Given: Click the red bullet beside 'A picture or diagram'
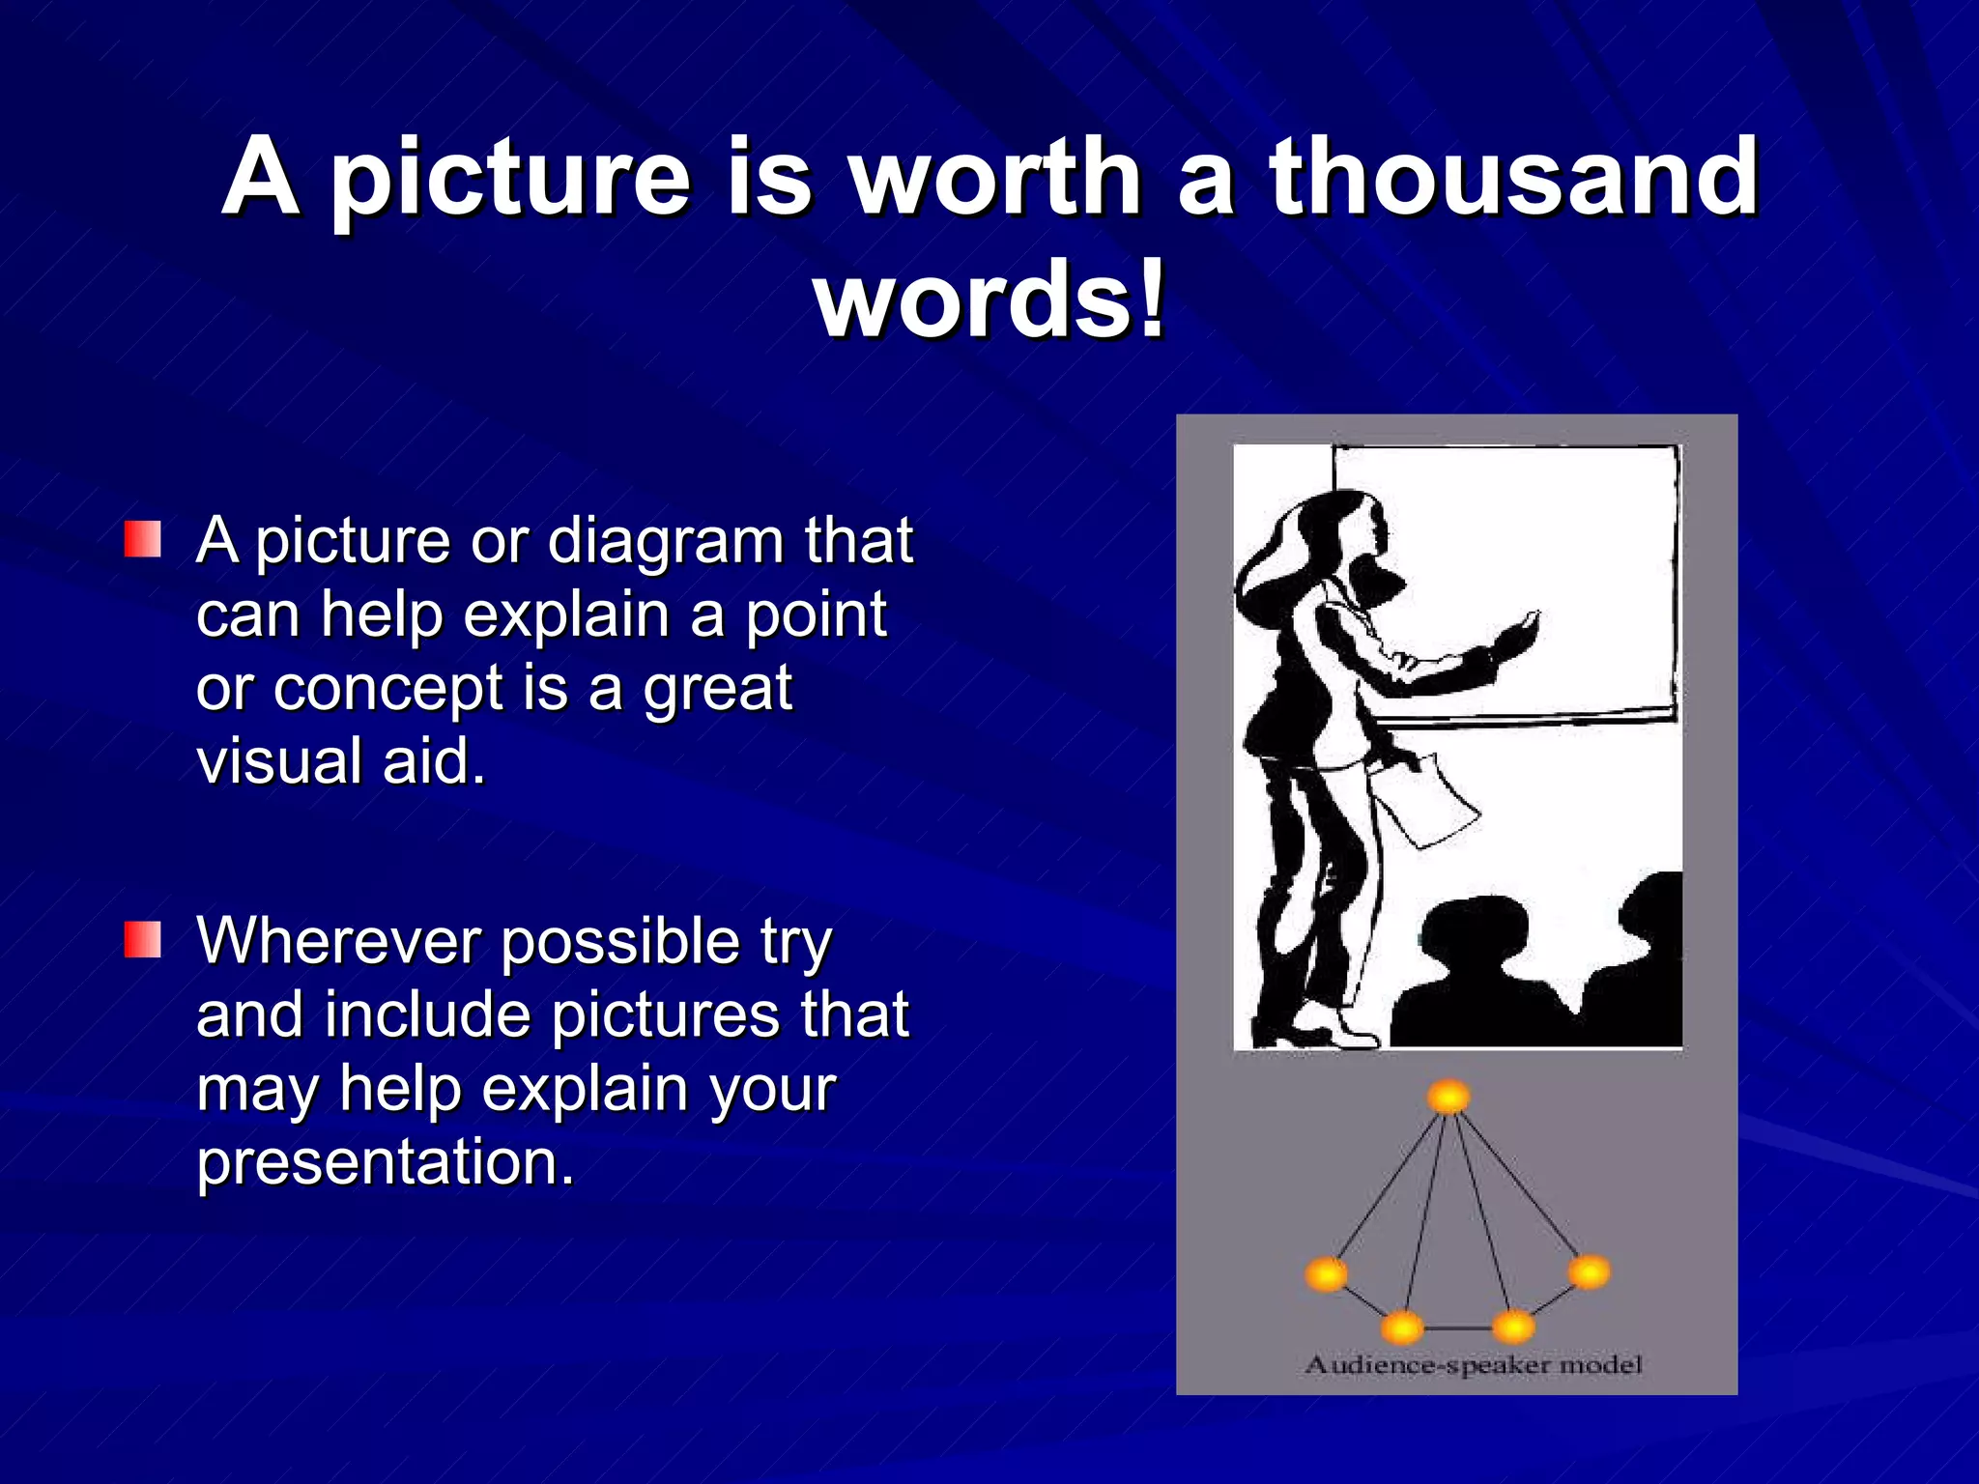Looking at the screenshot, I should [142, 539].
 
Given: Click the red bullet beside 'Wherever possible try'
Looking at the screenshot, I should [142, 939].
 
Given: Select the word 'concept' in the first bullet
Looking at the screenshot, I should [387, 689].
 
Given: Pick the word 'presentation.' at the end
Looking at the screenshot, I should [386, 1161].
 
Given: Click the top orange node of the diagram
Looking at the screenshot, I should [1448, 1098].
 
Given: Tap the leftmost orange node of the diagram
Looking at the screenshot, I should [1326, 1274].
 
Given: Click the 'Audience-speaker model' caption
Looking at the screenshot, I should [1473, 1365].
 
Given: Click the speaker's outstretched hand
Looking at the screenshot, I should [1517, 634].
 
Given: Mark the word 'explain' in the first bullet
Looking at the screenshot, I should [566, 614].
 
